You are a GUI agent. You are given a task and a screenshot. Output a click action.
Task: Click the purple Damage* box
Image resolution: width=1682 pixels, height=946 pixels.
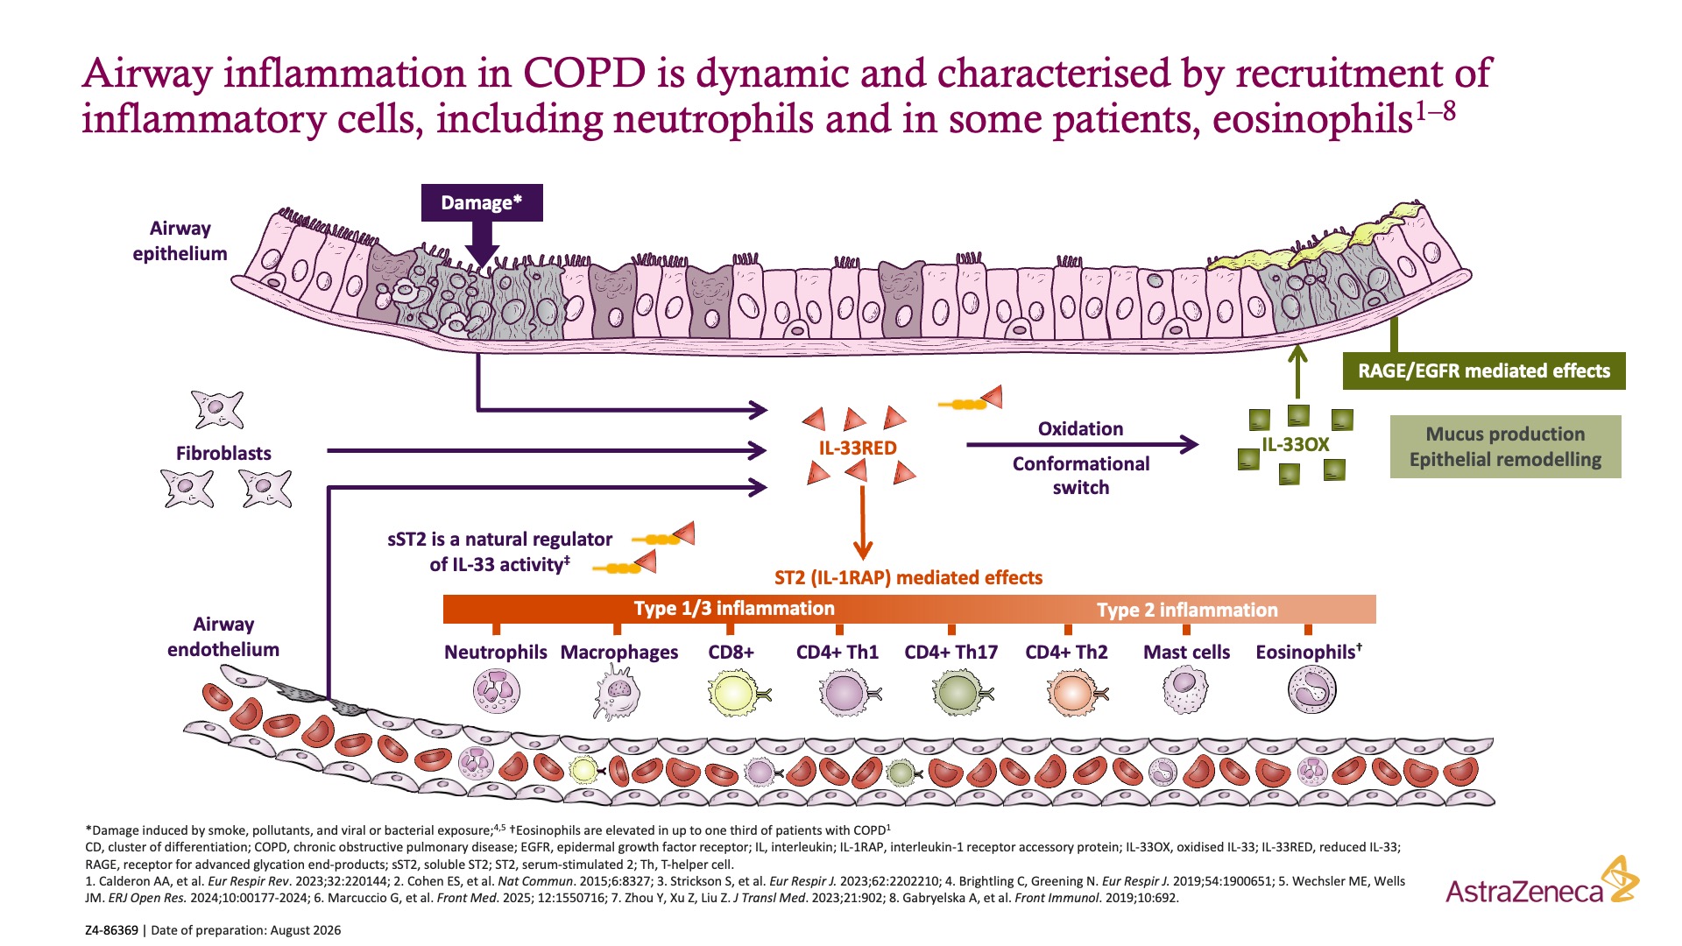tap(482, 202)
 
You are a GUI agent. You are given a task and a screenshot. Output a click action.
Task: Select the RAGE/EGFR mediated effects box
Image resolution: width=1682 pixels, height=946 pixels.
tap(1484, 371)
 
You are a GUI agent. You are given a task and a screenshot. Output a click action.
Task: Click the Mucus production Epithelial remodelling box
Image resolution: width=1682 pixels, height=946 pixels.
tap(1505, 447)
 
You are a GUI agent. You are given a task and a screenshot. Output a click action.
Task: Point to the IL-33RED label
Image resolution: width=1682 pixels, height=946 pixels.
tap(858, 448)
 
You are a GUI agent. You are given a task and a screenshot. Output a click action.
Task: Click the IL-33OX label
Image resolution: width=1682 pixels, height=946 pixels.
tap(1295, 444)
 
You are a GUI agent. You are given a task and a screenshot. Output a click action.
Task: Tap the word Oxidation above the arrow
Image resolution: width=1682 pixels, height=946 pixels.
tap(1080, 428)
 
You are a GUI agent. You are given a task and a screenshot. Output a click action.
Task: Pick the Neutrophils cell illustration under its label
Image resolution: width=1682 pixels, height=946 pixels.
tap(496, 690)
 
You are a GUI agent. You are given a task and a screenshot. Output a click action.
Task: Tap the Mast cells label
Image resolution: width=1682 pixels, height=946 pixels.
tap(1186, 652)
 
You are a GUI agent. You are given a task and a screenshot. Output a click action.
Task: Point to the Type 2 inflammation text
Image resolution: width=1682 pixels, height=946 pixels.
tap(1187, 610)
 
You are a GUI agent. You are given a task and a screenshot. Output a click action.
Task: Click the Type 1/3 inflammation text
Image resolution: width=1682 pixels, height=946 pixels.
tap(734, 608)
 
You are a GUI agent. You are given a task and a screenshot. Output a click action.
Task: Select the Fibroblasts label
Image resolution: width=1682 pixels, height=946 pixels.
tap(223, 453)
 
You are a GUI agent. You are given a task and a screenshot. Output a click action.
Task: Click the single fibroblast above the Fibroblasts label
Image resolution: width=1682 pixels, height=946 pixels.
tap(217, 410)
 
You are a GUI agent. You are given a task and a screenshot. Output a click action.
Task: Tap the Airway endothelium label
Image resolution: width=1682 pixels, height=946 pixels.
tap(223, 637)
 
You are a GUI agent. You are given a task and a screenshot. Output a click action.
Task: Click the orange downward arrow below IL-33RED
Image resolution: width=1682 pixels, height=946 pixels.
tap(863, 523)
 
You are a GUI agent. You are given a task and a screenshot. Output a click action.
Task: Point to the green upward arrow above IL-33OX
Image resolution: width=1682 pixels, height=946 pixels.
tap(1297, 371)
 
